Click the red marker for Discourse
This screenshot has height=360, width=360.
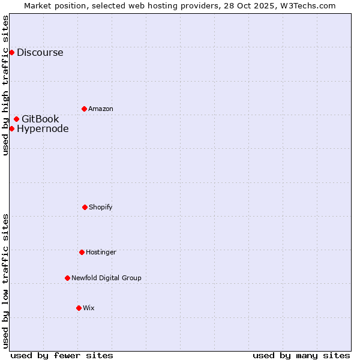pyautogui.click(x=11, y=52)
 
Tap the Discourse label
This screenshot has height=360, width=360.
pyautogui.click(x=40, y=52)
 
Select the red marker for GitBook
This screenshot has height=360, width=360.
pyautogui.click(x=16, y=119)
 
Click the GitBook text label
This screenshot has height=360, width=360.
pyautogui.click(x=40, y=119)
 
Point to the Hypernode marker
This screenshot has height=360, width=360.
pyautogui.click(x=11, y=128)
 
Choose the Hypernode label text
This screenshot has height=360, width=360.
pyautogui.click(x=43, y=128)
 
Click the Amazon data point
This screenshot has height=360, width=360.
pyautogui.click(x=84, y=109)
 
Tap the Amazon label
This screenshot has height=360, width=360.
pyautogui.click(x=101, y=109)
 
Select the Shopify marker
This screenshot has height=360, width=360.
pyautogui.click(x=85, y=207)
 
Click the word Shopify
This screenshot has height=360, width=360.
pyautogui.click(x=101, y=207)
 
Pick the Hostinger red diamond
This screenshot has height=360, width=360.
pyautogui.click(x=82, y=252)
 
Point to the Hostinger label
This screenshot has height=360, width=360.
pyautogui.click(x=101, y=252)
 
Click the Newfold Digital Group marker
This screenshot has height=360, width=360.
pyautogui.click(x=67, y=278)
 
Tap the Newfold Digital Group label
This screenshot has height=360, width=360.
pyautogui.click(x=106, y=278)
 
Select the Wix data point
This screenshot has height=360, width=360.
pyautogui.click(x=79, y=308)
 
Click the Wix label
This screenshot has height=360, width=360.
pyautogui.click(x=89, y=308)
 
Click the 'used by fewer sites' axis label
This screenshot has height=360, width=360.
pyautogui.click(x=62, y=355)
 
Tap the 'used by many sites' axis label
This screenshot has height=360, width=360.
pyautogui.click(x=301, y=355)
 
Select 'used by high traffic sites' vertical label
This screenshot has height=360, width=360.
pyautogui.click(x=5, y=85)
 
